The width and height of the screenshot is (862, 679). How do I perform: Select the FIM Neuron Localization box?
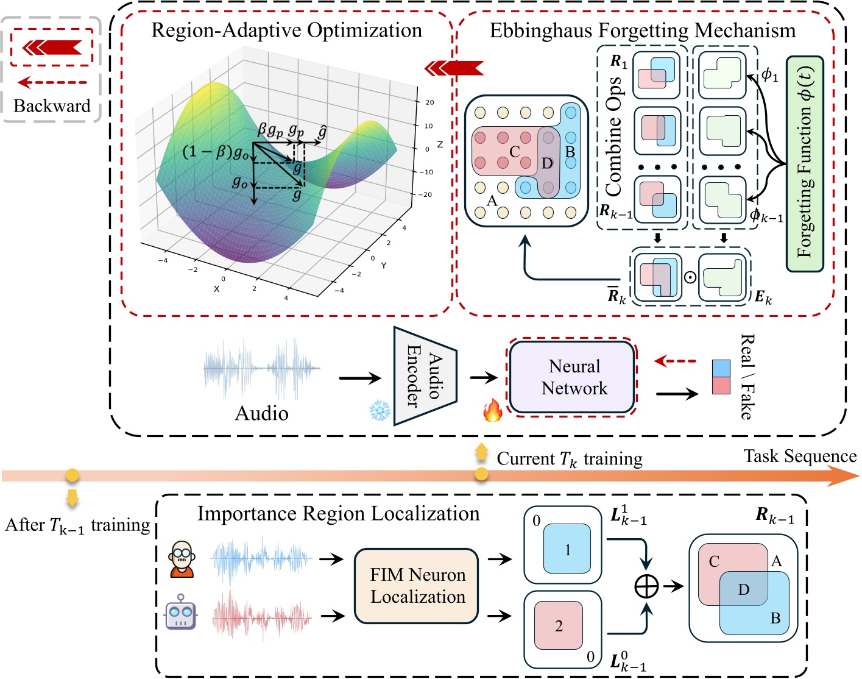coord(417,586)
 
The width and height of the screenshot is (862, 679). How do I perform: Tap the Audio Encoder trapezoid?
coord(425,376)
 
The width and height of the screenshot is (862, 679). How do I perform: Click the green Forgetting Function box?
coord(804,163)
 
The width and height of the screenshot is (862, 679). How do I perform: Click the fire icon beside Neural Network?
coord(492,411)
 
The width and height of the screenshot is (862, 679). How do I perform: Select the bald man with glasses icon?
coord(182,558)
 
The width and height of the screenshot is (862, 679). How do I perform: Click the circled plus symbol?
coord(646,586)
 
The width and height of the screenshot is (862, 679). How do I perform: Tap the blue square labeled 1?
coord(567,549)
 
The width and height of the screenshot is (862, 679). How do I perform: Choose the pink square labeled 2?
coord(559,625)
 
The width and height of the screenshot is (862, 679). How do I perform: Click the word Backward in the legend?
coord(52,106)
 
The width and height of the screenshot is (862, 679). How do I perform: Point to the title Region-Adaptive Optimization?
coord(286,30)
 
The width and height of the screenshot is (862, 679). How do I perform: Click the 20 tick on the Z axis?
coord(429,102)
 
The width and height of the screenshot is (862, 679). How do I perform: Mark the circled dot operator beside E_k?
coord(690,277)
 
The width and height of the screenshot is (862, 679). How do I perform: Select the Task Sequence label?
coord(799,457)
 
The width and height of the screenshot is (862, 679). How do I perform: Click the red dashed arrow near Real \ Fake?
coord(675,361)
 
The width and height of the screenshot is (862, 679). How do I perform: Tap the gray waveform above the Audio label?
coord(262,368)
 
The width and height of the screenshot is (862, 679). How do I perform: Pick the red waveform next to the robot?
coord(262,617)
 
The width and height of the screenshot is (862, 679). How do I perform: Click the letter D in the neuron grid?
coord(547,163)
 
